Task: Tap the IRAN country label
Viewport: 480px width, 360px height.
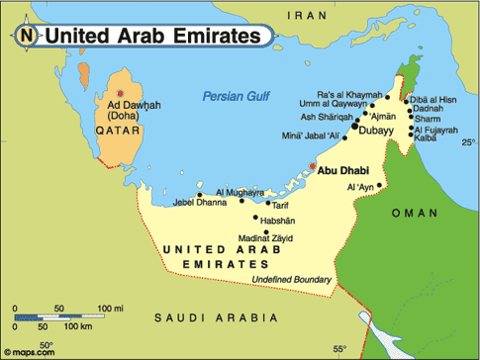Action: (x=308, y=15)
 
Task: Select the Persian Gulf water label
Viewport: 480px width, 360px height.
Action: (x=236, y=96)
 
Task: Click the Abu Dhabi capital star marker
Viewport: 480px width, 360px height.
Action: (x=313, y=167)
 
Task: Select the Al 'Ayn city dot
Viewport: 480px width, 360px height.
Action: (x=380, y=184)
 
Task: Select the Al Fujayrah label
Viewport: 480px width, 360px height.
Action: (x=436, y=130)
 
